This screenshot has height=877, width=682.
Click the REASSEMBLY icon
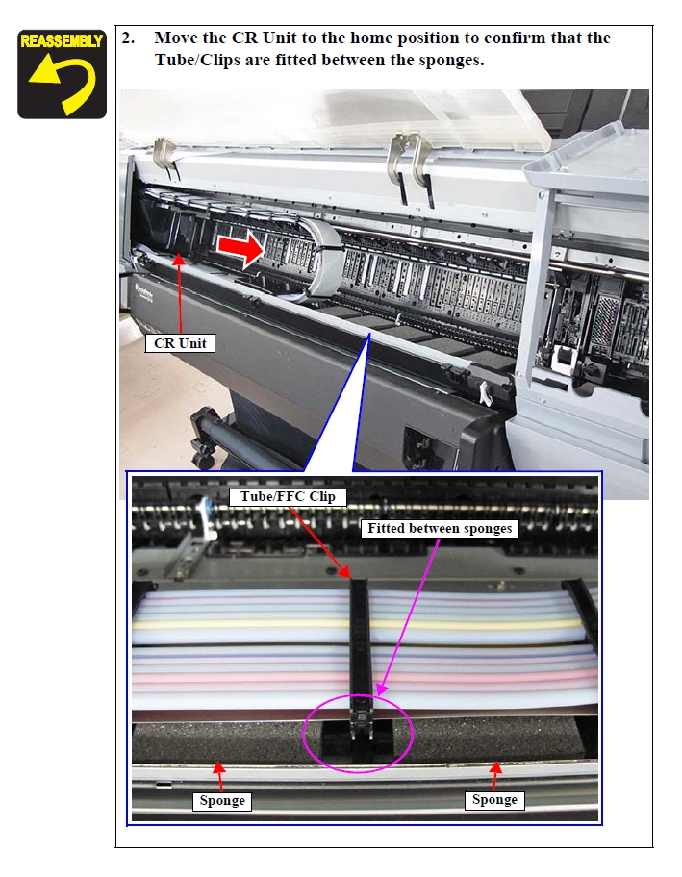(x=63, y=74)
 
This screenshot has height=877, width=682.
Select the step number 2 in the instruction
(x=128, y=38)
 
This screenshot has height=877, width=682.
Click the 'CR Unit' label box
(x=180, y=343)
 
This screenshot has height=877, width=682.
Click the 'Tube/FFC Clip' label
(x=288, y=496)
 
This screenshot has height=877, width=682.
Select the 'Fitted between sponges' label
(x=440, y=529)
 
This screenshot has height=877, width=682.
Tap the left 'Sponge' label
(x=222, y=801)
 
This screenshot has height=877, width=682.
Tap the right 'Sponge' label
(x=494, y=800)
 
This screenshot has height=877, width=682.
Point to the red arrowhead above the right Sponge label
(x=495, y=767)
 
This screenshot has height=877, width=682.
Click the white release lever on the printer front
(x=485, y=392)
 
